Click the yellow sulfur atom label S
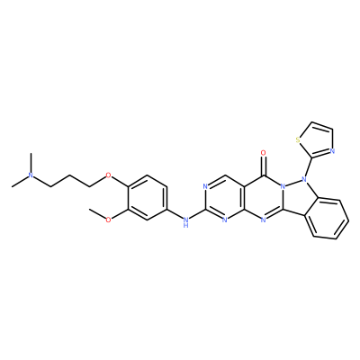[x=298, y=139]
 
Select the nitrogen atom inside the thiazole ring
[x=332, y=151]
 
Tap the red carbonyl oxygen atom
[x=264, y=153]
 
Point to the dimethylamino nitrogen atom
[x=31, y=175]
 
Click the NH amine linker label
[x=186, y=222]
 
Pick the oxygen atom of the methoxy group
[x=109, y=220]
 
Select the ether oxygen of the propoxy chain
[x=109, y=175]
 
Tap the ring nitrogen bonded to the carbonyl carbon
[x=283, y=186]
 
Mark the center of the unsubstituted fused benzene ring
[x=327, y=219]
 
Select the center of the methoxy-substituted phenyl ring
[x=148, y=198]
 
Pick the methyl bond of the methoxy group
[x=98, y=215]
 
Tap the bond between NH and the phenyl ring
[x=175, y=215]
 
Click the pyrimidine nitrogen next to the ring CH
[x=205, y=186]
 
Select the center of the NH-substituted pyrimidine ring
[x=225, y=198]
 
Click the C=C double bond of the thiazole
[x=322, y=126]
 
